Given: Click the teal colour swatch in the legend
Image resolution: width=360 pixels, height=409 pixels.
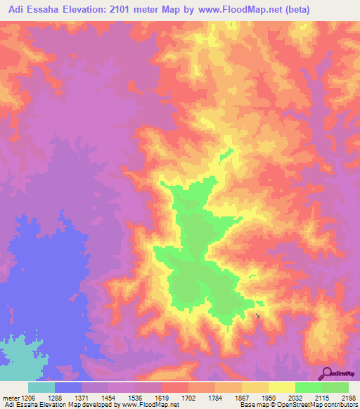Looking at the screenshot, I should coord(41,388).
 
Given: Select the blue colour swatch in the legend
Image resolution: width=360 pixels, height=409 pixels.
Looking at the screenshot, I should coord(67,388).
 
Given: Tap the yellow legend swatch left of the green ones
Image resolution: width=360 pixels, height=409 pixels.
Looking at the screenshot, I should coord(281,388).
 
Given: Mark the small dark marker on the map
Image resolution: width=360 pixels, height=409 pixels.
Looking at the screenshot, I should coord(257,316).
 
